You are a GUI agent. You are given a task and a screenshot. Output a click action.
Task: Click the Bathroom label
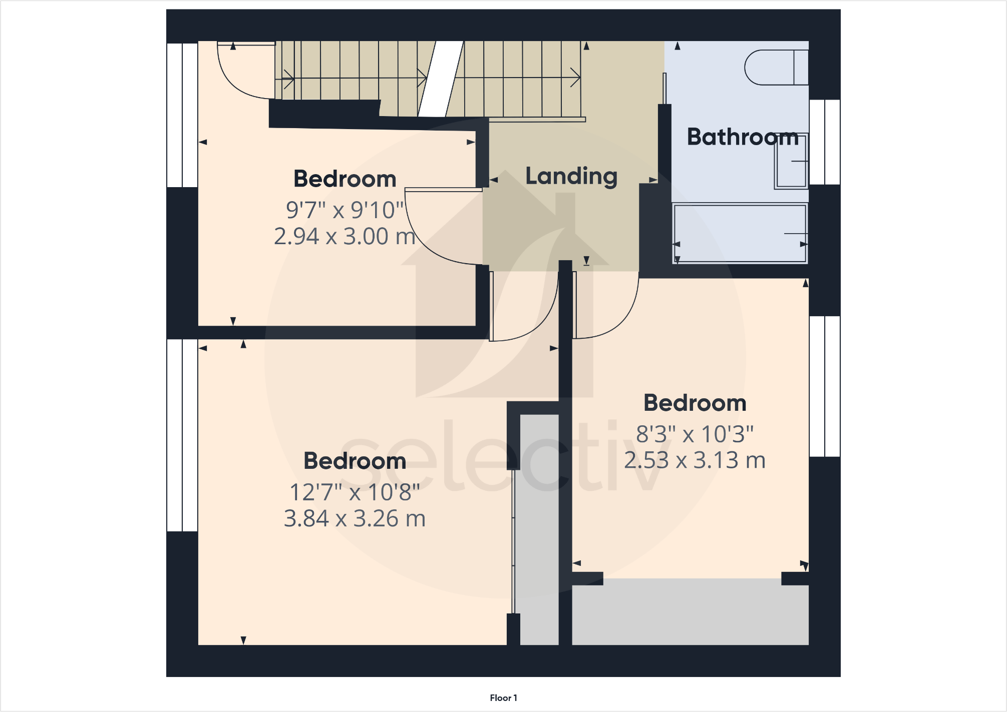click(x=742, y=137)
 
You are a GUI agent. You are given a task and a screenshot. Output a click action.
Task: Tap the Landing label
click(x=571, y=176)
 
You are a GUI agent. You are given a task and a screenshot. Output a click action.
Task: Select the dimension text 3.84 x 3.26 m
click(x=355, y=518)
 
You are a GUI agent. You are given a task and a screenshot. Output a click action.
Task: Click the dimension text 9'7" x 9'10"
click(x=345, y=210)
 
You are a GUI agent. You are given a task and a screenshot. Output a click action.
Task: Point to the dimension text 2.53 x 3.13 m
click(x=695, y=460)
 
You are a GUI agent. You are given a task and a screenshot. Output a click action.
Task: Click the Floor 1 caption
click(x=503, y=697)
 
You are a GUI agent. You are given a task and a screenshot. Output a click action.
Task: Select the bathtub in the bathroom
click(x=740, y=233)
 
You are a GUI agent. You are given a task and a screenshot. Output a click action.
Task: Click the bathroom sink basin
click(x=791, y=161)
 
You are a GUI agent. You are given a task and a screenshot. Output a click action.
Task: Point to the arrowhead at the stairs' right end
click(x=576, y=78)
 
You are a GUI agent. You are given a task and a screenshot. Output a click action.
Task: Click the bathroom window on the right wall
click(x=825, y=142)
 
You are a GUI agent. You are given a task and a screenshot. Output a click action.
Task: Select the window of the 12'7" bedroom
click(x=182, y=435)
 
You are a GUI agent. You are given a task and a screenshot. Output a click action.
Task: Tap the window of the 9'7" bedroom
click(x=182, y=115)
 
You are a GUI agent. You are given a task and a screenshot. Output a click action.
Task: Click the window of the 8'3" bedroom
click(x=825, y=386)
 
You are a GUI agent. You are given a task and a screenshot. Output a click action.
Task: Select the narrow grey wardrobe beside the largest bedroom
click(x=539, y=530)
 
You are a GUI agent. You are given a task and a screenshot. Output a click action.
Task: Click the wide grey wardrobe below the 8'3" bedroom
click(x=690, y=612)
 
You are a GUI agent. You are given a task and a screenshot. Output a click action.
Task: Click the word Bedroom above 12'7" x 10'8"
click(x=355, y=461)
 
